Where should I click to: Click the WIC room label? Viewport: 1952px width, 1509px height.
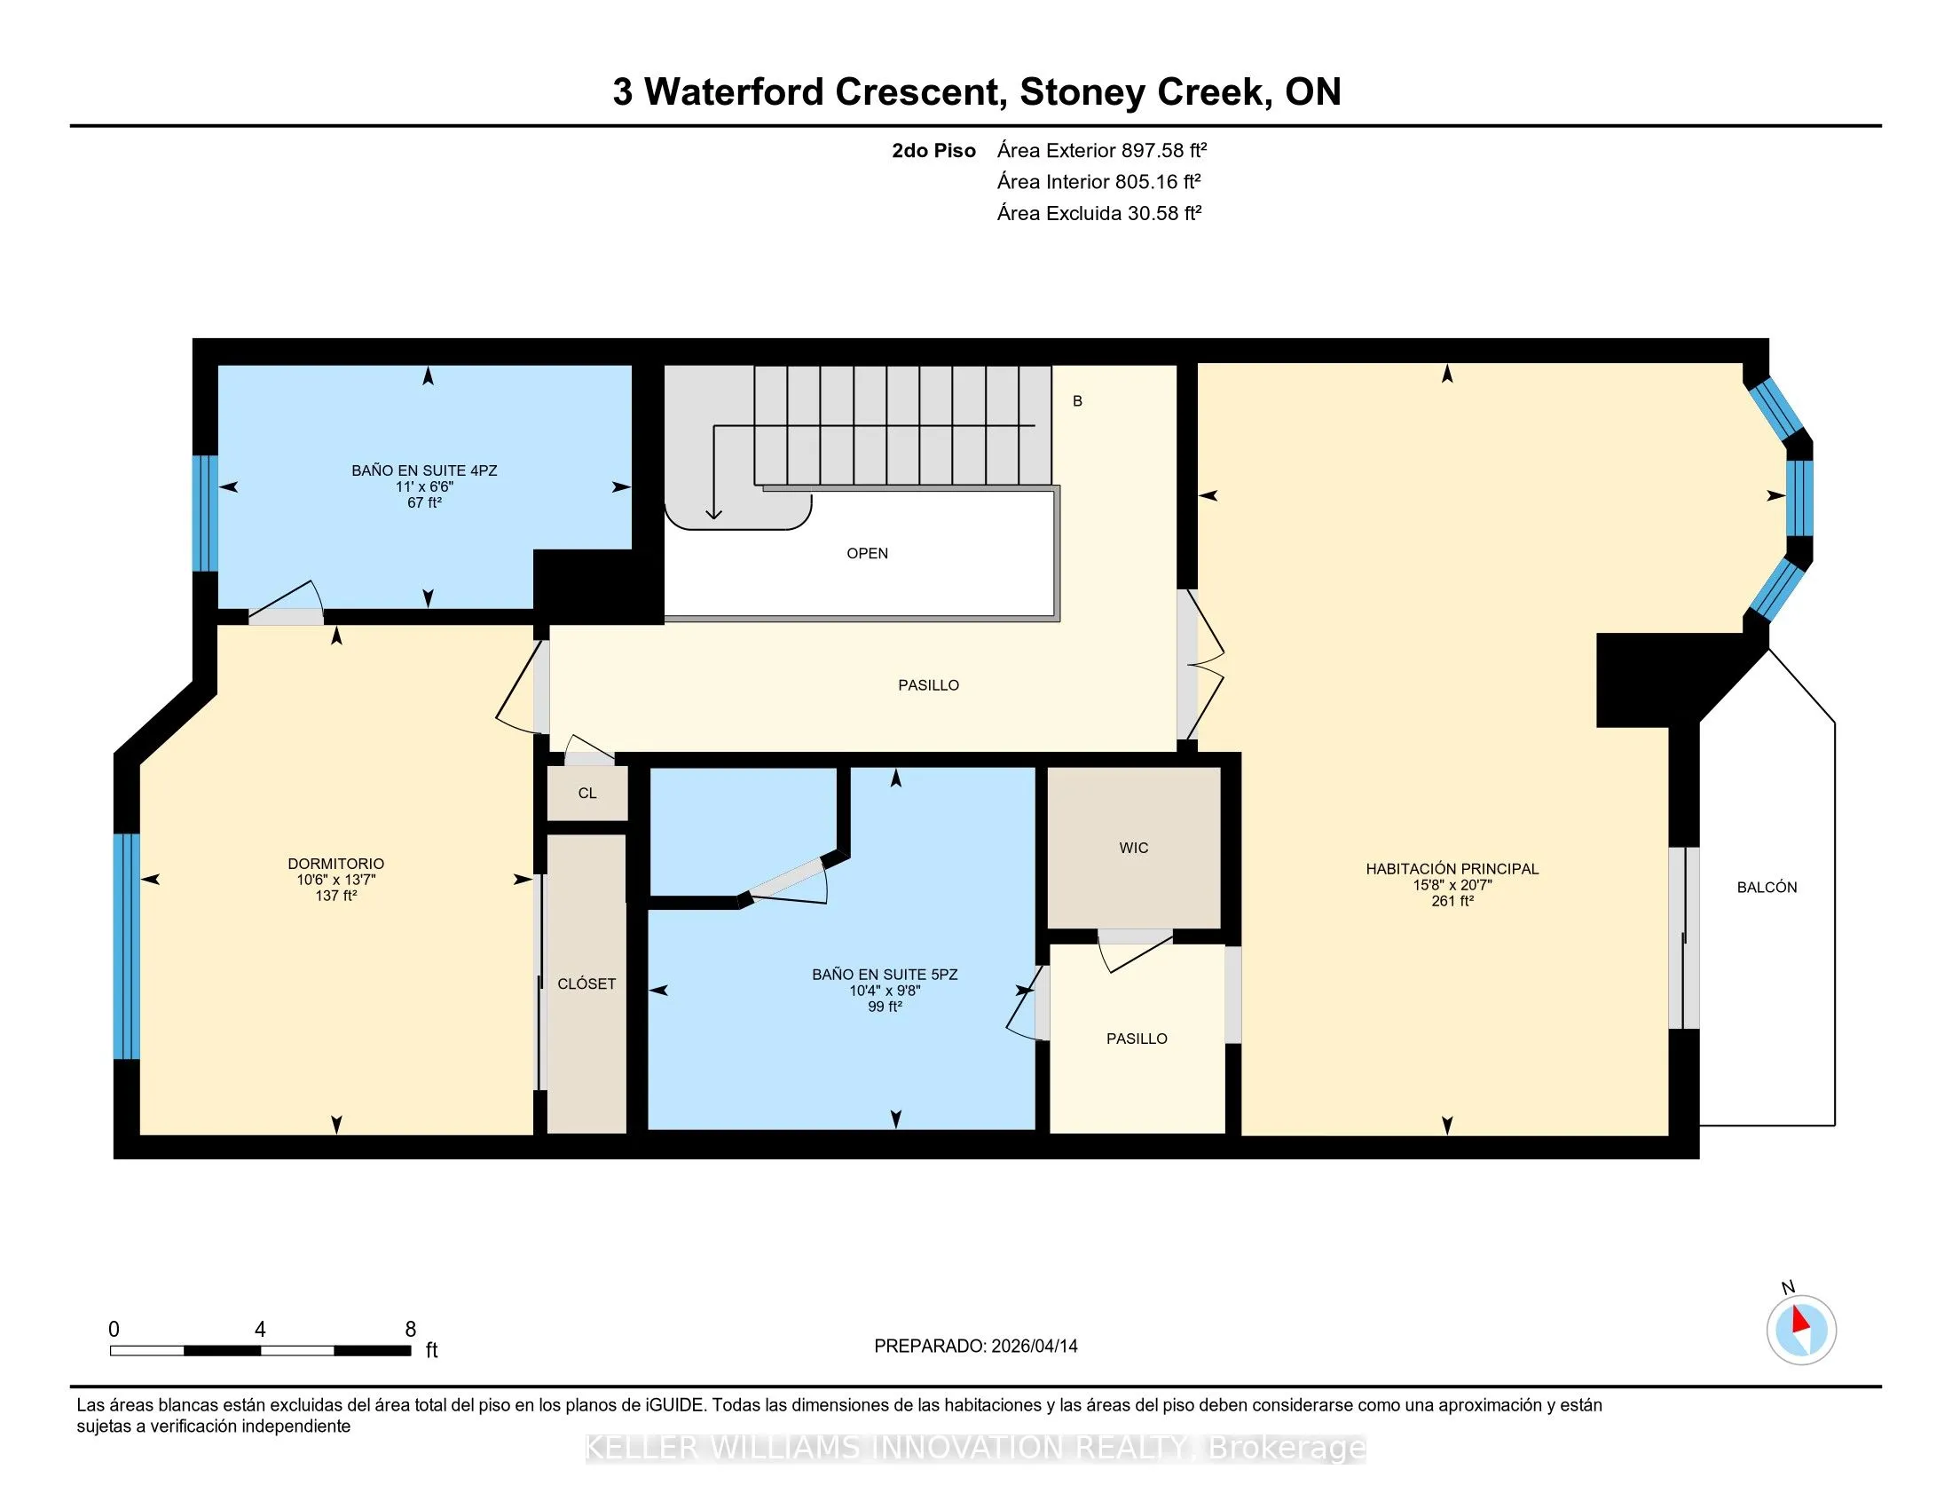(x=1133, y=848)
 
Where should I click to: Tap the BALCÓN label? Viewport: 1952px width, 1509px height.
(x=1766, y=887)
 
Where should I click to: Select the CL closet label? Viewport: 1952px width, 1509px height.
(x=587, y=793)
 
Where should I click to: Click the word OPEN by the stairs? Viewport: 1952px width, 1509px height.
(x=867, y=553)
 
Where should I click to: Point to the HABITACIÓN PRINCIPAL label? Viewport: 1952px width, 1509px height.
(x=1452, y=868)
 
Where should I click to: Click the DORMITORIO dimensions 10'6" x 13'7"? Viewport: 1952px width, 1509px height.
(x=336, y=880)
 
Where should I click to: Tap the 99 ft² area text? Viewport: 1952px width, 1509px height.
(x=885, y=1007)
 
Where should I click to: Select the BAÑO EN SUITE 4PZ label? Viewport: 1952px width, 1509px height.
(x=424, y=470)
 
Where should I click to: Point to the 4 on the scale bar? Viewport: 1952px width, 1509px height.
(x=260, y=1330)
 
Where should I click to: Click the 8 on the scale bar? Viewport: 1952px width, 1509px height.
(x=410, y=1330)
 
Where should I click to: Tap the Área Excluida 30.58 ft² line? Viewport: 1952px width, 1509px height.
(x=1099, y=213)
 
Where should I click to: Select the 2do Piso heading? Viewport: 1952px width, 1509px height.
(x=933, y=150)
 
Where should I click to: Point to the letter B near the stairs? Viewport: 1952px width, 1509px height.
(x=1077, y=401)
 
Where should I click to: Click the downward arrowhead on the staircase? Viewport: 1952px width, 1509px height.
(x=713, y=513)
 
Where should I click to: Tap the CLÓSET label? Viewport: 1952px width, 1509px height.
(x=586, y=984)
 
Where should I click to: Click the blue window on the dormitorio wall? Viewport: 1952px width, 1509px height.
(x=127, y=946)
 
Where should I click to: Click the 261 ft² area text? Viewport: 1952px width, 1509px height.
(x=1452, y=901)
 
